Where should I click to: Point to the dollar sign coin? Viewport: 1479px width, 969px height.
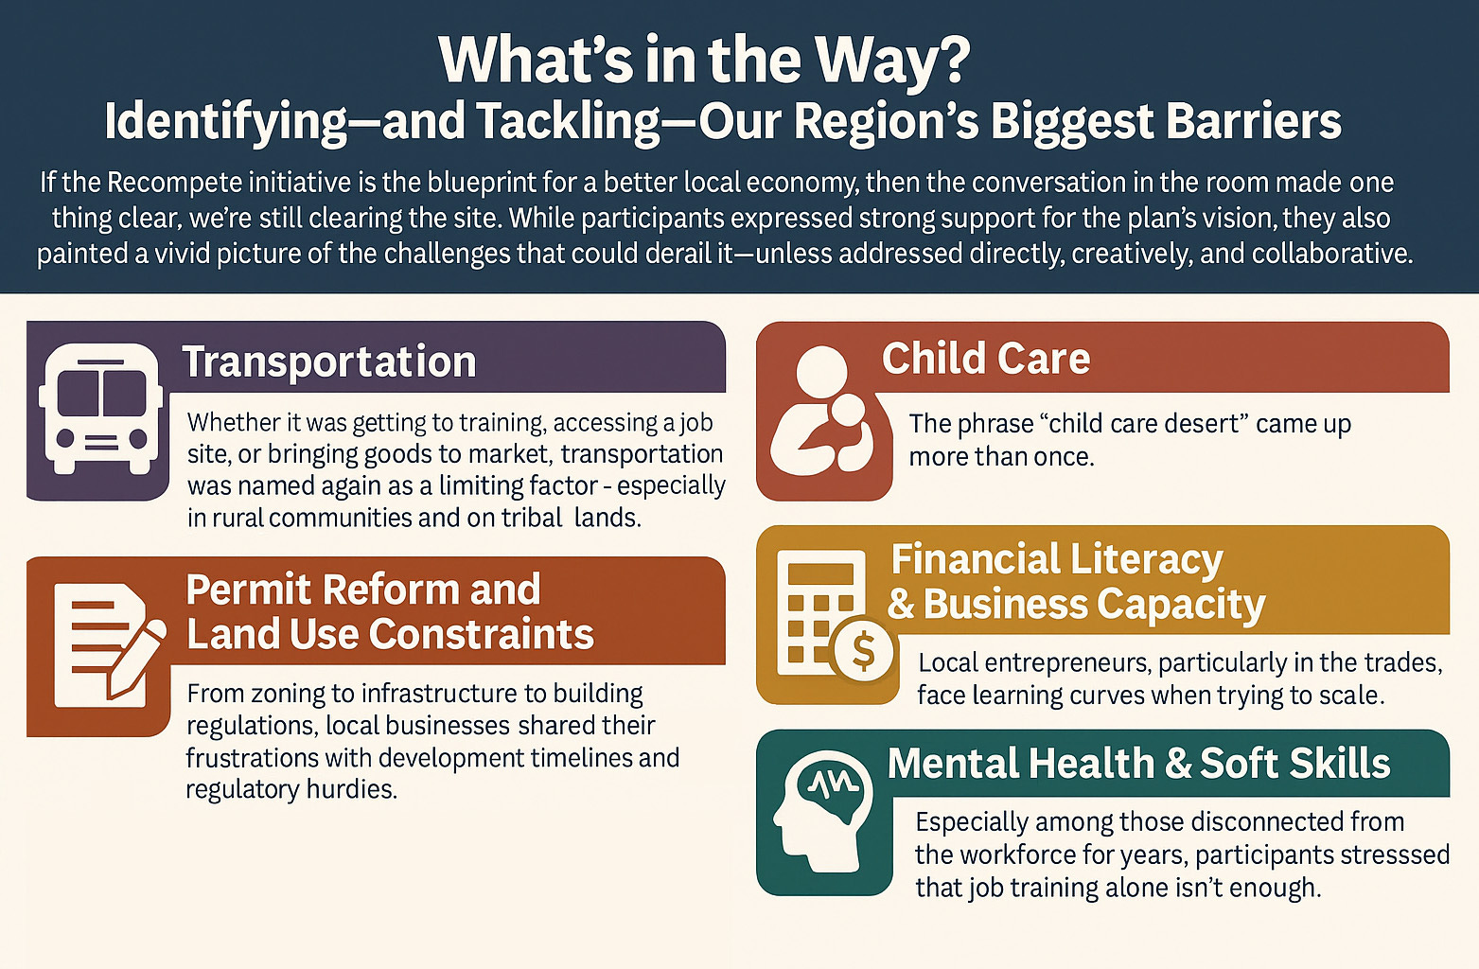point(863,650)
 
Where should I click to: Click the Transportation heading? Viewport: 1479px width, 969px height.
point(329,362)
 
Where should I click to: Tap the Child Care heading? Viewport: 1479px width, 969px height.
point(986,359)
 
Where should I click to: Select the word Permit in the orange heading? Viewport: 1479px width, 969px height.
point(248,590)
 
